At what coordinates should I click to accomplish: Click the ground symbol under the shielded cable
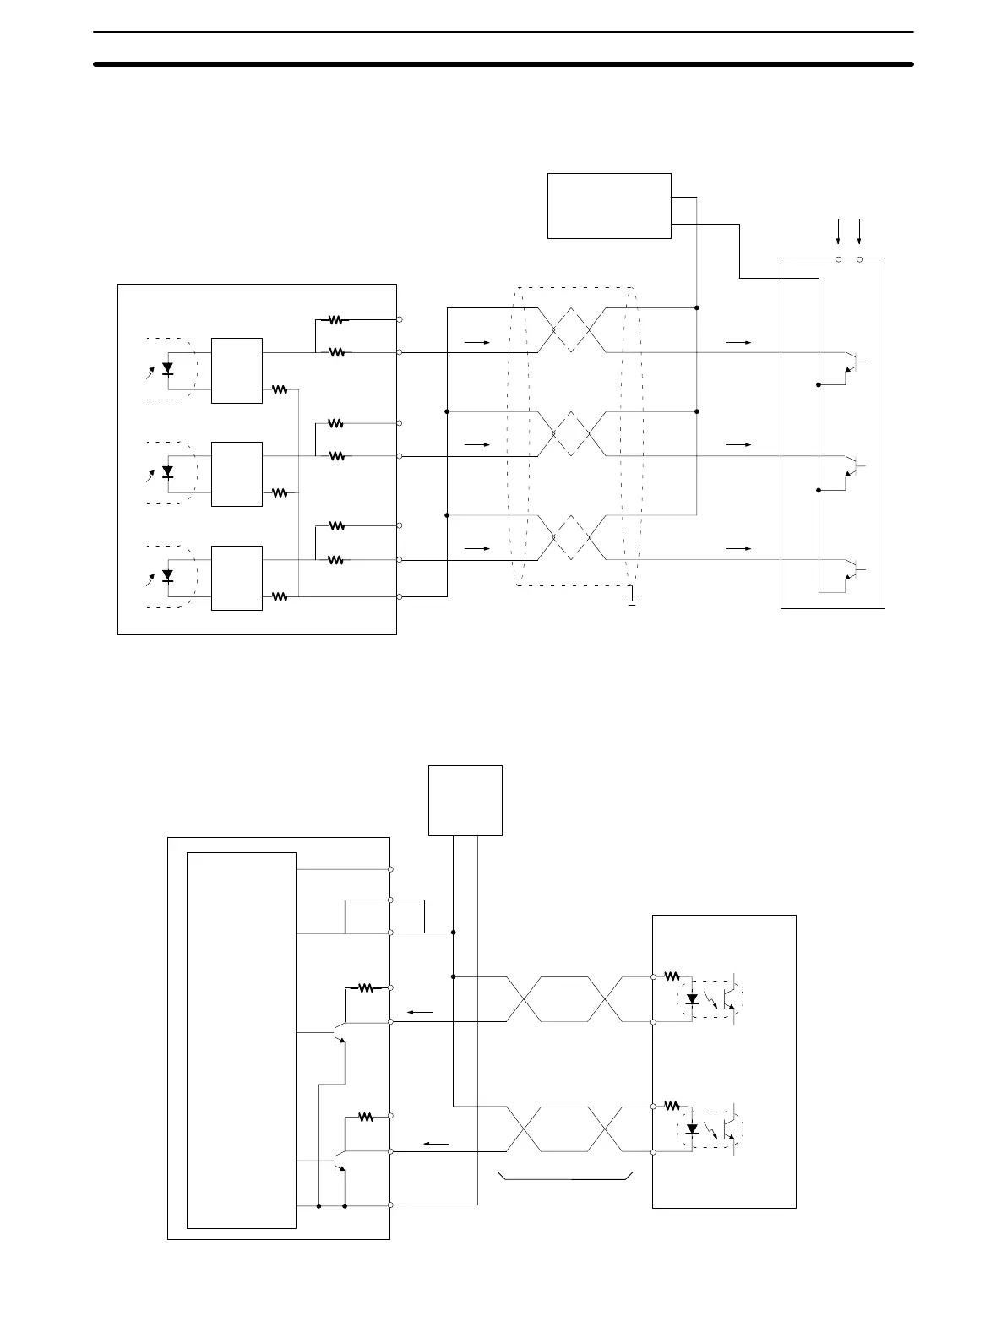[x=631, y=601]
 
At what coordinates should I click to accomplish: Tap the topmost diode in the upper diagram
[x=167, y=368]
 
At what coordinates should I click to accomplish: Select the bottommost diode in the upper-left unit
[x=167, y=576]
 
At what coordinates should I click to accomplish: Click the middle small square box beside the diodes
[x=237, y=474]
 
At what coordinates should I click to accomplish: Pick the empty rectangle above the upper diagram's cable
[x=609, y=206]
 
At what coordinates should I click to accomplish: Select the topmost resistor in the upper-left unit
[x=337, y=320]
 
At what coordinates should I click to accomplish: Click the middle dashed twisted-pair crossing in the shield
[x=571, y=434]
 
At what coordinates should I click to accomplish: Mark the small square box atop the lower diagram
[x=465, y=800]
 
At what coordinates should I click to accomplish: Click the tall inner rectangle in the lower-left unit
[x=241, y=1040]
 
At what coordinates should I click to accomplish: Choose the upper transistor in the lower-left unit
[x=338, y=1033]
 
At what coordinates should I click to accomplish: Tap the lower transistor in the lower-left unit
[x=338, y=1161]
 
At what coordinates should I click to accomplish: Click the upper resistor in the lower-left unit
[x=366, y=987]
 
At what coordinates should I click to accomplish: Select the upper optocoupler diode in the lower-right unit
[x=693, y=999]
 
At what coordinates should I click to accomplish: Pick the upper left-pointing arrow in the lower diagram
[x=420, y=1012]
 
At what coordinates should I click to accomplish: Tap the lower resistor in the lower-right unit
[x=672, y=1106]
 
